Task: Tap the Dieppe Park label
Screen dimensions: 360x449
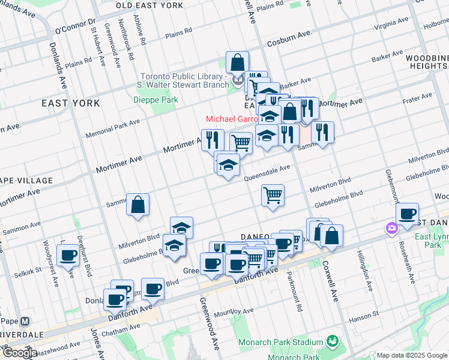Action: click(155, 100)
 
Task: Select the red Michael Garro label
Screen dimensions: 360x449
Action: click(232, 119)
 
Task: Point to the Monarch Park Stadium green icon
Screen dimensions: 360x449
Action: click(332, 341)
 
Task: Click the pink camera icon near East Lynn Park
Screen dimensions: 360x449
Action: click(391, 228)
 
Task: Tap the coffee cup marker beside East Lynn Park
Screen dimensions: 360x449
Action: click(408, 214)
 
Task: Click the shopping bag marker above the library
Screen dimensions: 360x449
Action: click(238, 62)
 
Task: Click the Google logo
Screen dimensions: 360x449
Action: click(19, 353)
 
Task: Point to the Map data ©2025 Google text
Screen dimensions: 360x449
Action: click(411, 355)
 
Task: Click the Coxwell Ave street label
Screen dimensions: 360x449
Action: click(331, 280)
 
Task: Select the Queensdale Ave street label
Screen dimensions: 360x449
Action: click(267, 173)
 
